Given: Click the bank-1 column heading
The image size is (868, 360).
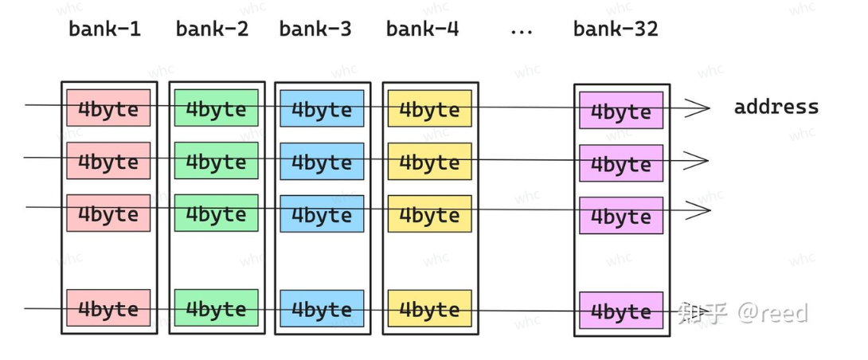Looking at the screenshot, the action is [104, 29].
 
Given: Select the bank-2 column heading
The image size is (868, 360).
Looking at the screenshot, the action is [212, 29].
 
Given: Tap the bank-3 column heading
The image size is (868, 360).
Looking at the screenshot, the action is [315, 29].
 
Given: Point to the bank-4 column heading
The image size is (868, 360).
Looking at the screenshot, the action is [422, 29].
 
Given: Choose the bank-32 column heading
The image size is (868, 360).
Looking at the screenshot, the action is [616, 29].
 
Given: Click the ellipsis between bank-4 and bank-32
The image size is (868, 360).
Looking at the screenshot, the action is [521, 33].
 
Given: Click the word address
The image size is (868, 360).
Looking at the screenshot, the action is [776, 107].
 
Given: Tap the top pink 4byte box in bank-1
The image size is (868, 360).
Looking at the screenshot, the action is [108, 108].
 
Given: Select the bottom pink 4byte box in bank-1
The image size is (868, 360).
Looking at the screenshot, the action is [108, 307].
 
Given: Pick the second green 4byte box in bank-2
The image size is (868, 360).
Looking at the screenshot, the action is [217, 161].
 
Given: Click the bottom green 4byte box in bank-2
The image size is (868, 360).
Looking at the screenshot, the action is [217, 307].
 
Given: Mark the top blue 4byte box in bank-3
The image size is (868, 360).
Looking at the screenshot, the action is [322, 108].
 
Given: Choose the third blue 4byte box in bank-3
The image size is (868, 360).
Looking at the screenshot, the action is [322, 213].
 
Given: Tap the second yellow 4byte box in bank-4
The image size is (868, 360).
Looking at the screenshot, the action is [429, 161].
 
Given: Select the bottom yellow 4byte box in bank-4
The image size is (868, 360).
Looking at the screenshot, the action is [429, 308].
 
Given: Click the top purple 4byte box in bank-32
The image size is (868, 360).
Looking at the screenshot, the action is [621, 110].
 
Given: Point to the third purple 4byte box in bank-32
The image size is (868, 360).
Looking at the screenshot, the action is [621, 216].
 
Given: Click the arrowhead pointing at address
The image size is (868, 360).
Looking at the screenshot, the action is [698, 108].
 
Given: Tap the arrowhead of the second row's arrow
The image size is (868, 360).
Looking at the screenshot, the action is [698, 161].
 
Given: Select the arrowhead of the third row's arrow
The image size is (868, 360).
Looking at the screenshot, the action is [698, 210].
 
